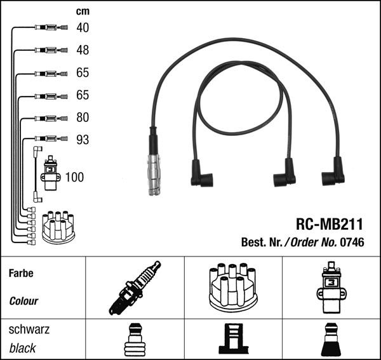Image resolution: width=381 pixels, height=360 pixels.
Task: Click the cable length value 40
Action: click(83, 27)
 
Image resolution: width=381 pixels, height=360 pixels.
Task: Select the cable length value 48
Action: click(83, 50)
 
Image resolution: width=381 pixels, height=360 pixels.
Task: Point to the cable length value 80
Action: click(83, 117)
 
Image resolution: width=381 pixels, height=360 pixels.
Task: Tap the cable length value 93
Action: click(83, 140)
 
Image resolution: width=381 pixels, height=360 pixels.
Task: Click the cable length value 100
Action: click(74, 177)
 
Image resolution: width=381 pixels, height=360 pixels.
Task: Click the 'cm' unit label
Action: click(83, 11)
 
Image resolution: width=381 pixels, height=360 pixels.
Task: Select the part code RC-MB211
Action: click(330, 224)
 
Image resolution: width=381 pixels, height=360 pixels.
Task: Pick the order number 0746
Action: click(352, 242)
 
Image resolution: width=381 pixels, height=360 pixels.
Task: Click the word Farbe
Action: click(21, 274)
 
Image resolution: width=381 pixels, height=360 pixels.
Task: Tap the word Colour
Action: click(24, 301)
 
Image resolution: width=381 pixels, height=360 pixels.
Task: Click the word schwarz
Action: click(29, 330)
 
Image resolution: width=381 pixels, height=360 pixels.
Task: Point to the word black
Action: click(23, 348)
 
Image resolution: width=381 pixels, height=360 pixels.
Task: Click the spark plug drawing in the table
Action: click(135, 288)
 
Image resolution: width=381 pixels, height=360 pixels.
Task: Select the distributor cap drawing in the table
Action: click(233, 288)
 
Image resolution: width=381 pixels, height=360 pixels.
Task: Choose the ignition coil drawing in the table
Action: click(331, 288)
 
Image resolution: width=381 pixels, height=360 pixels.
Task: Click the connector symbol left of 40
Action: click(47, 28)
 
